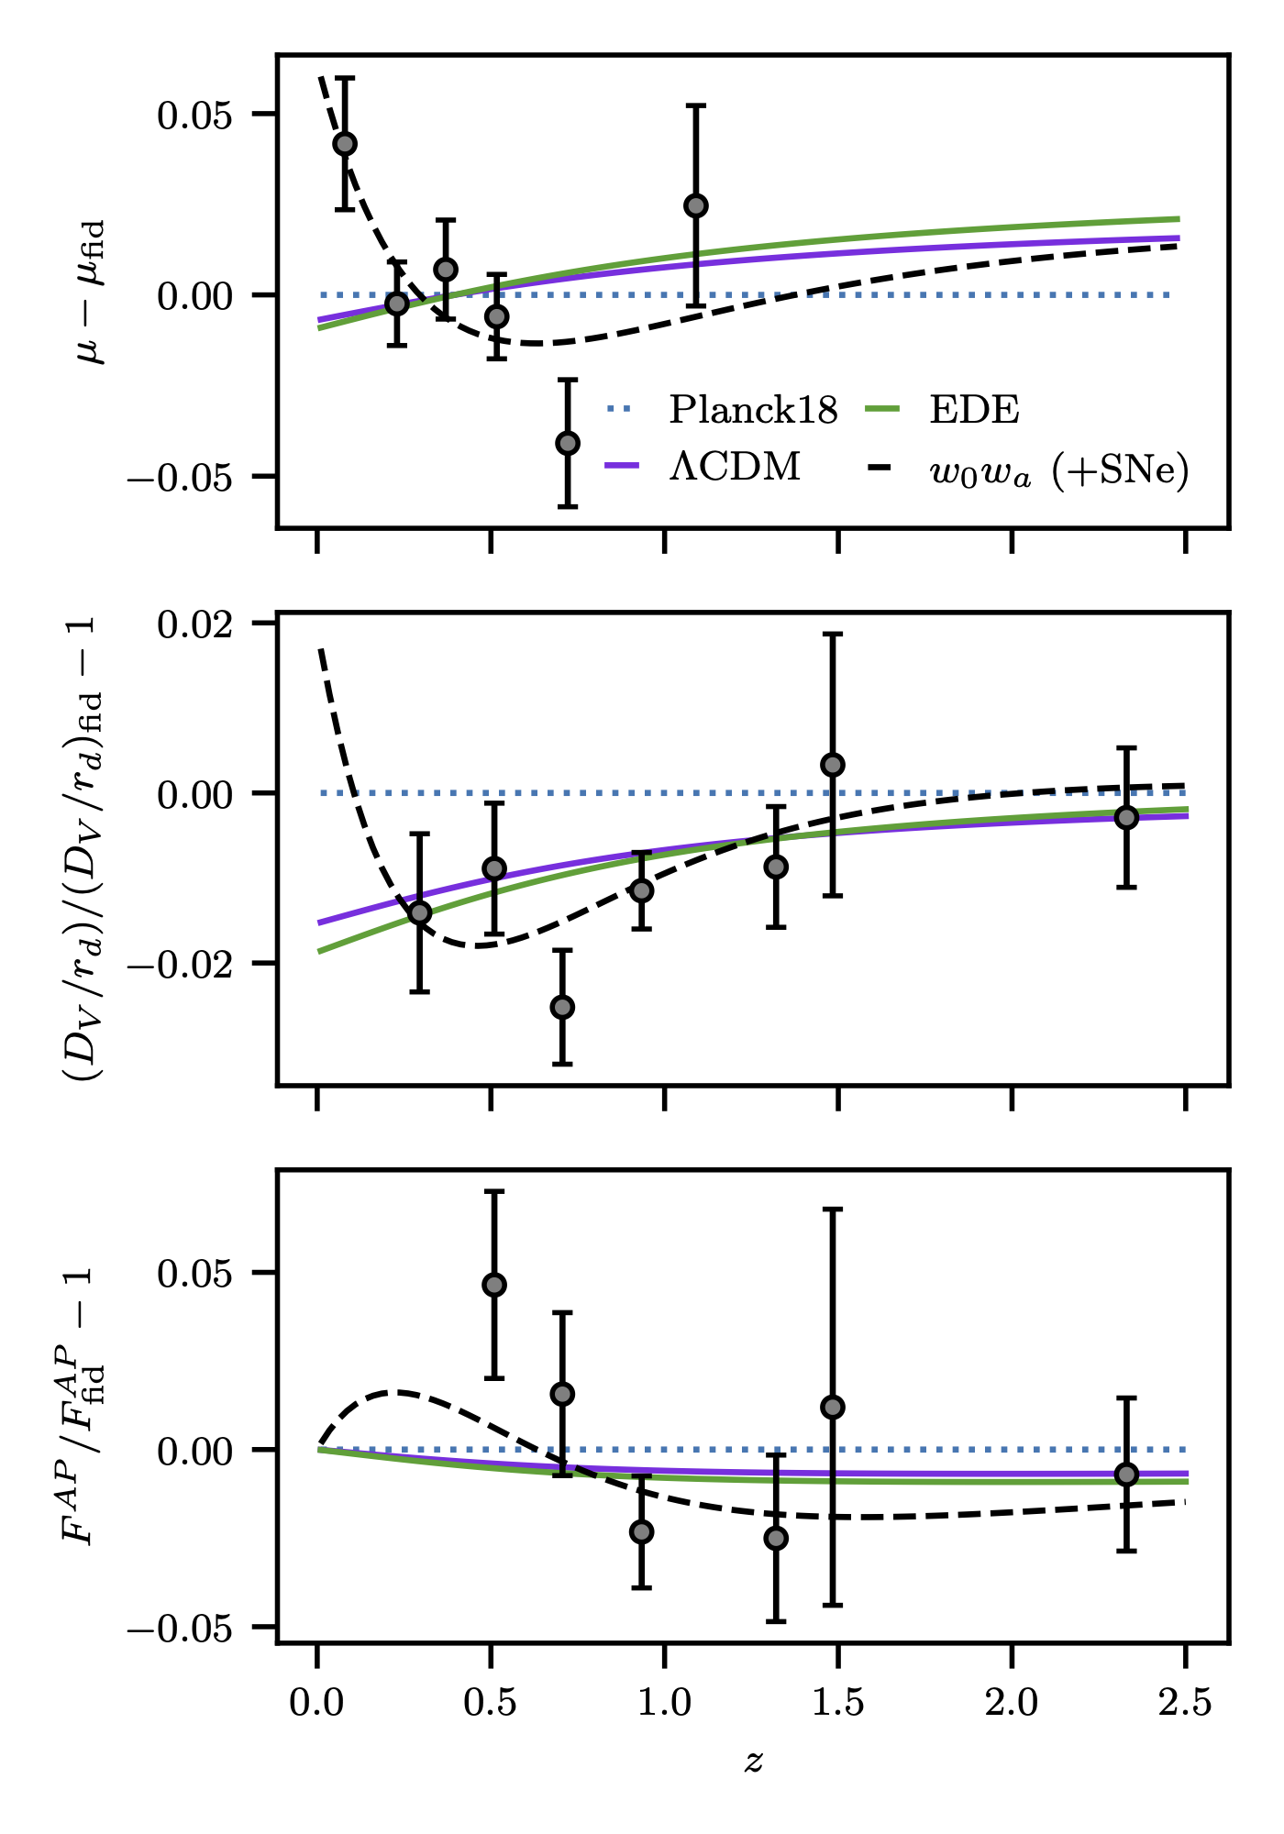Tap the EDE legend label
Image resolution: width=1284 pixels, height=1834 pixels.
point(974,410)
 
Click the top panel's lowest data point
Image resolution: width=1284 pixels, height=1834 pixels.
point(568,443)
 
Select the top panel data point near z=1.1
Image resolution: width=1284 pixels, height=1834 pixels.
point(696,205)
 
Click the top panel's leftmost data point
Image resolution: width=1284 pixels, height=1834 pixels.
point(345,144)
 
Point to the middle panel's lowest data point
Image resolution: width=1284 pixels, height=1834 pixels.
point(562,1007)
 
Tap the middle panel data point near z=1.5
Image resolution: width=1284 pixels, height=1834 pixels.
point(833,765)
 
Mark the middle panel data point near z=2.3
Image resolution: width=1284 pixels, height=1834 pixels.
point(1127,817)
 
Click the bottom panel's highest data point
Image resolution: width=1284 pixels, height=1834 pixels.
point(494,1285)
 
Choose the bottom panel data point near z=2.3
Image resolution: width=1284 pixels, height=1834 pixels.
point(1127,1475)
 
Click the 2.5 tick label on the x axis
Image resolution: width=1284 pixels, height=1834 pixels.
point(1185,1704)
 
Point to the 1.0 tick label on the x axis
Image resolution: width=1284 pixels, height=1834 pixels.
point(664,1704)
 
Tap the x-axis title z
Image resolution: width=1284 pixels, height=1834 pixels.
point(754,1761)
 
